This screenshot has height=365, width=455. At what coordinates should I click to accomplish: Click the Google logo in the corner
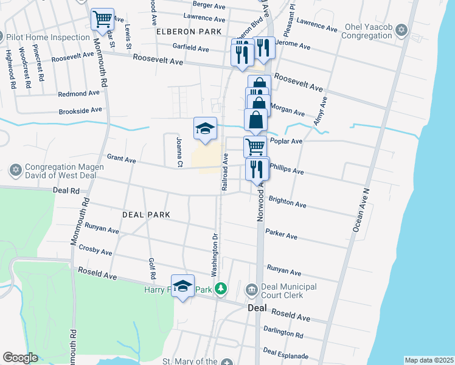(x=20, y=358)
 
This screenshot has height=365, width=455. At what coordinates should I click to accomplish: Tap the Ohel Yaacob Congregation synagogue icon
(x=401, y=30)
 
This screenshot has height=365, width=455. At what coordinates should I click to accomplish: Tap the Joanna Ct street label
(x=179, y=151)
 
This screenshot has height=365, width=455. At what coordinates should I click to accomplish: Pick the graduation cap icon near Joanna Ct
(x=206, y=128)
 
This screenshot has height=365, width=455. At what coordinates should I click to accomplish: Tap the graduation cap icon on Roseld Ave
(x=182, y=287)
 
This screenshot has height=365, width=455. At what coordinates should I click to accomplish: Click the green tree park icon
(x=223, y=288)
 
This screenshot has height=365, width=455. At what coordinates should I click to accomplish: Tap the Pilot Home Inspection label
(x=47, y=37)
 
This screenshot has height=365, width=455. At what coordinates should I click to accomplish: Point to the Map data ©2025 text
(x=428, y=360)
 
